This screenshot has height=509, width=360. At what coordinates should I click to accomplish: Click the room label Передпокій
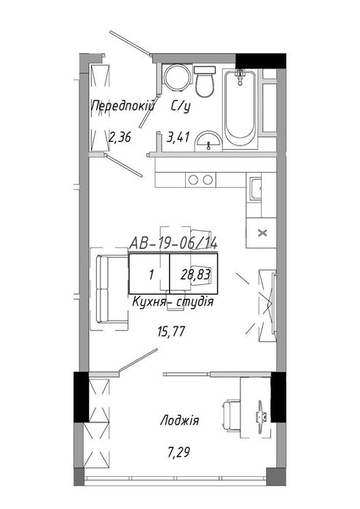click(123, 106)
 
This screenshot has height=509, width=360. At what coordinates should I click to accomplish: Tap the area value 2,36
click(120, 137)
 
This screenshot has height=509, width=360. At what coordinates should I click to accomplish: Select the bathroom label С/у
click(181, 106)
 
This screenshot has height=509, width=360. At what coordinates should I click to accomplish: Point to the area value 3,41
click(178, 137)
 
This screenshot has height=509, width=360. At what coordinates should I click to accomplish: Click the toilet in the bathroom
click(205, 82)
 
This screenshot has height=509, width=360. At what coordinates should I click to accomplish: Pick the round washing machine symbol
click(176, 77)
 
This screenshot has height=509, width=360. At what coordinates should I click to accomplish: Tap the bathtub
click(240, 108)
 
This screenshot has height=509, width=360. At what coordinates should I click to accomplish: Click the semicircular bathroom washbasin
click(208, 141)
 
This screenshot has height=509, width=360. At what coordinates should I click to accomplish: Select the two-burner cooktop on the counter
click(200, 180)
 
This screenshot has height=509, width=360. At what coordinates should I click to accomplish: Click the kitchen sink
click(255, 189)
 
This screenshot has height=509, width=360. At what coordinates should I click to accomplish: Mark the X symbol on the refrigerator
click(262, 233)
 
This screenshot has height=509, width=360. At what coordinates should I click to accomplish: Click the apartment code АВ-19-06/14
click(173, 242)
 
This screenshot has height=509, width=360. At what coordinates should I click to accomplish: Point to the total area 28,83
click(195, 275)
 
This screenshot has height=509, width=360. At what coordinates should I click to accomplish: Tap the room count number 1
click(151, 275)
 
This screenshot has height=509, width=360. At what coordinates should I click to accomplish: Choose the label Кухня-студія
click(173, 302)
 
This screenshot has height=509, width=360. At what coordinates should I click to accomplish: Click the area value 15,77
click(171, 331)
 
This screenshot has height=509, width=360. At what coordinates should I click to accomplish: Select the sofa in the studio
click(112, 289)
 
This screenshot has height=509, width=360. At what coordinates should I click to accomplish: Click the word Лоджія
click(179, 421)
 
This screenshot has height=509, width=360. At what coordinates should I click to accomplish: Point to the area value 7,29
click(179, 452)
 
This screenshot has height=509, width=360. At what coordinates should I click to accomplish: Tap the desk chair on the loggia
click(231, 417)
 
